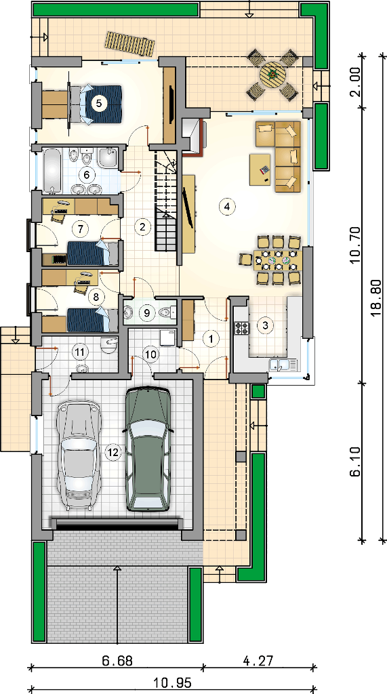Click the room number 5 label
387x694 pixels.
[x=98, y=103]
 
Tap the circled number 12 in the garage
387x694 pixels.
[x=113, y=452]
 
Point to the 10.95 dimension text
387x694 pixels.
[x=173, y=683]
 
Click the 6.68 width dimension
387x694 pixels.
[x=117, y=661]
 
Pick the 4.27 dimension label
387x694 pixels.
[x=258, y=661]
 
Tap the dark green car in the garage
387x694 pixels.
[x=147, y=449]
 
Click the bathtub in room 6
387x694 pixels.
[x=52, y=171]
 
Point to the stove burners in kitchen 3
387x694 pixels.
[x=242, y=328]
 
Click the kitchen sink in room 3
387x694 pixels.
[x=283, y=365]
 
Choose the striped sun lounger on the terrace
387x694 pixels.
[x=129, y=43]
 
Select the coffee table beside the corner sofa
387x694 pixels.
[x=260, y=169]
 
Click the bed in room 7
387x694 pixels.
[x=91, y=253]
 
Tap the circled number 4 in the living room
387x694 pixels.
[x=227, y=206]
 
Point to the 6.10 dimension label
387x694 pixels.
[x=356, y=461]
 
